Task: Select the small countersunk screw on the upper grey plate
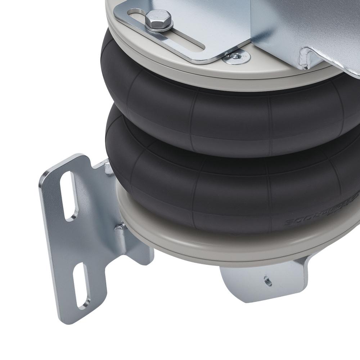point(236,56)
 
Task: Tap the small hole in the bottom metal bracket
point(268,281)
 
